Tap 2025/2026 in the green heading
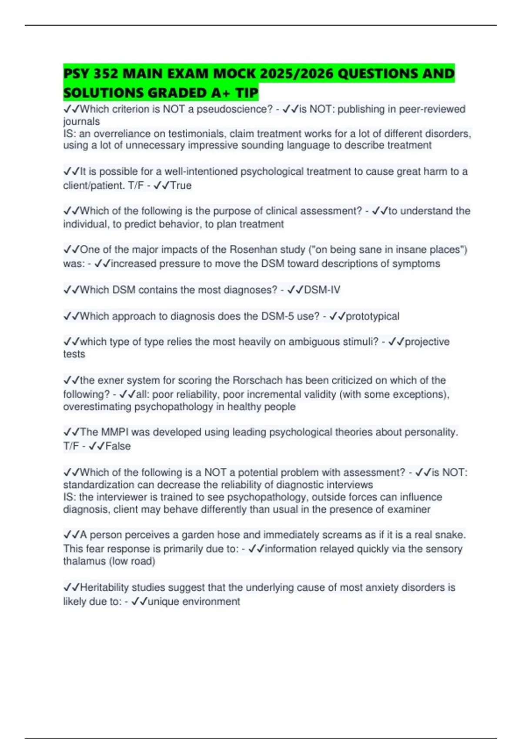click(x=297, y=73)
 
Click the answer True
click(x=181, y=186)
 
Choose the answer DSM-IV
click(x=322, y=290)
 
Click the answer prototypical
click(x=372, y=316)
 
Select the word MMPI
click(x=115, y=432)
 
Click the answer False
click(x=118, y=446)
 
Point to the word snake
click(x=452, y=535)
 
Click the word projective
click(x=427, y=342)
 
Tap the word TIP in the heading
click(x=247, y=93)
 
